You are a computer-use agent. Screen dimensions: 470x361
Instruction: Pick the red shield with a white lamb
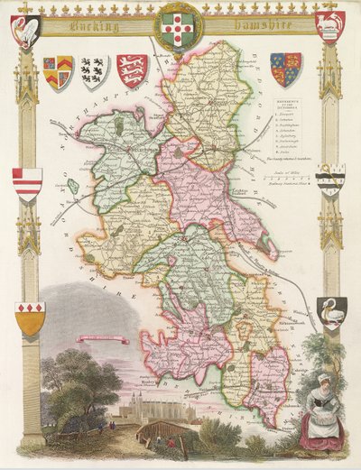tap(329, 27)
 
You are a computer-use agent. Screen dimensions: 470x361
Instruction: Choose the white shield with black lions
tap(96, 71)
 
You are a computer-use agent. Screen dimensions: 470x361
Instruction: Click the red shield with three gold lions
tap(133, 70)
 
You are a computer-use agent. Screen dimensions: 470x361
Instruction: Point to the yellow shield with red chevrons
tap(58, 73)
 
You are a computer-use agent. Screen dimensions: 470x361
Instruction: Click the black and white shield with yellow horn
tap(330, 180)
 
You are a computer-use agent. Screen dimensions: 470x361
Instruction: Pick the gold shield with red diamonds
tap(30, 318)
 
